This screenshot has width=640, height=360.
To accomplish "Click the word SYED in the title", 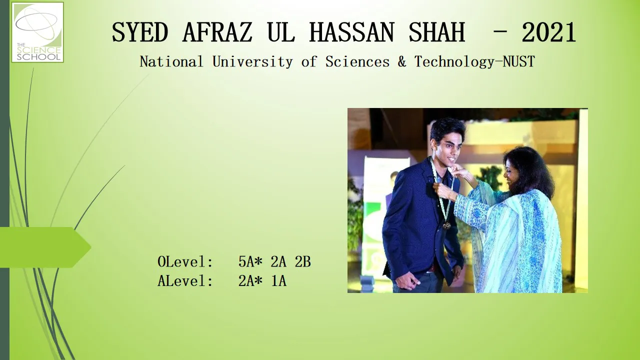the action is (139, 32).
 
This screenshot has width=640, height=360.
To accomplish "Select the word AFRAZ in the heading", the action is (217, 32).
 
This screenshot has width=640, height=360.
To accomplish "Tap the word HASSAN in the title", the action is (351, 32).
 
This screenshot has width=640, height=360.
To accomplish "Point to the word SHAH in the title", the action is (437, 32).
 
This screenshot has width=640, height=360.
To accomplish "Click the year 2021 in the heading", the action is (548, 32).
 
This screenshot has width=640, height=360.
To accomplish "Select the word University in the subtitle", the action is (252, 61).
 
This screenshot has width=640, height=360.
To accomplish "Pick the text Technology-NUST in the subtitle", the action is (474, 61).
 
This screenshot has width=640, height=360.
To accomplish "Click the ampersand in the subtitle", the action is (402, 61).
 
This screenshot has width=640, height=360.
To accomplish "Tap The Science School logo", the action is (37, 32).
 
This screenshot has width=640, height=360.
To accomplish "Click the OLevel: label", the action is (185, 261).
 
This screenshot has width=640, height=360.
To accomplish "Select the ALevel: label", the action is (185, 280).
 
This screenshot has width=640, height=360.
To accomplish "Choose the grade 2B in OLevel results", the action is (303, 261).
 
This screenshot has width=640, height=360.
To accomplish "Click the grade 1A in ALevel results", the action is (278, 280).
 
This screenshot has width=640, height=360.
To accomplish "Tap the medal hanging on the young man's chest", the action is (446, 225).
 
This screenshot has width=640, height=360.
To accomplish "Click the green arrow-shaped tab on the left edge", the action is (45, 247).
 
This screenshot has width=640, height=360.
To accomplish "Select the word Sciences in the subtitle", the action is (357, 61).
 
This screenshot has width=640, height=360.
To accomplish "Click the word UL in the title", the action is (281, 32).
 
